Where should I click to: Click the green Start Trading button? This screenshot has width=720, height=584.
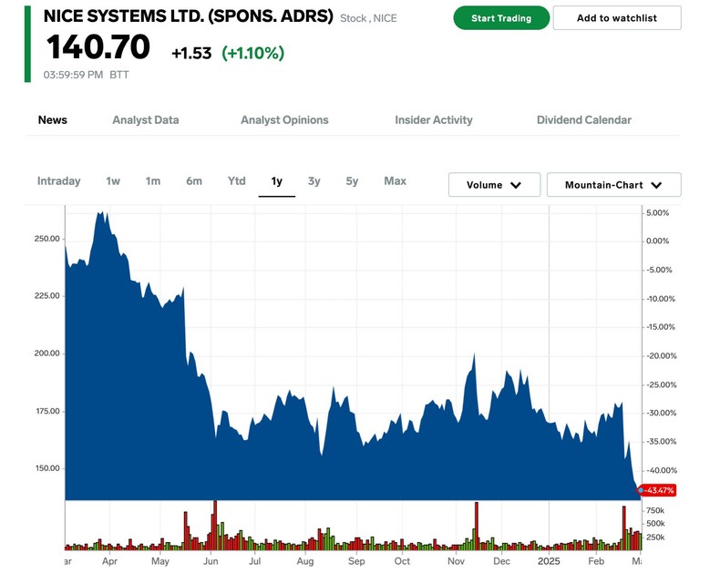coord(501,18)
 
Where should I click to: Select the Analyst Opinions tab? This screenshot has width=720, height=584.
coord(284,120)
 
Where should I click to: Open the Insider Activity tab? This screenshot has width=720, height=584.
coord(434,120)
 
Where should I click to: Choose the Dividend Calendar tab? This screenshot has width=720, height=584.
coord(583,120)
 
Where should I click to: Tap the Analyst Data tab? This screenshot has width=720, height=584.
coord(146,120)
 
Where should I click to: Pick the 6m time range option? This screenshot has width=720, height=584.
coord(194,181)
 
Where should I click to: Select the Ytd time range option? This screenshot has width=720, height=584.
coord(236,181)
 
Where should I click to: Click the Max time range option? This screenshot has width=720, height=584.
coord(395,181)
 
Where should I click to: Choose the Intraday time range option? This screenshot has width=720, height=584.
coord(59,181)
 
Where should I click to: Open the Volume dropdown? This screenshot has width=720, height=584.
coord(494,185)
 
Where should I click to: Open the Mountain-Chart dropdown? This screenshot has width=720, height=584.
coord(613,185)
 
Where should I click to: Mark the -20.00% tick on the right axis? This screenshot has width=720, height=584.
coord(662,356)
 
